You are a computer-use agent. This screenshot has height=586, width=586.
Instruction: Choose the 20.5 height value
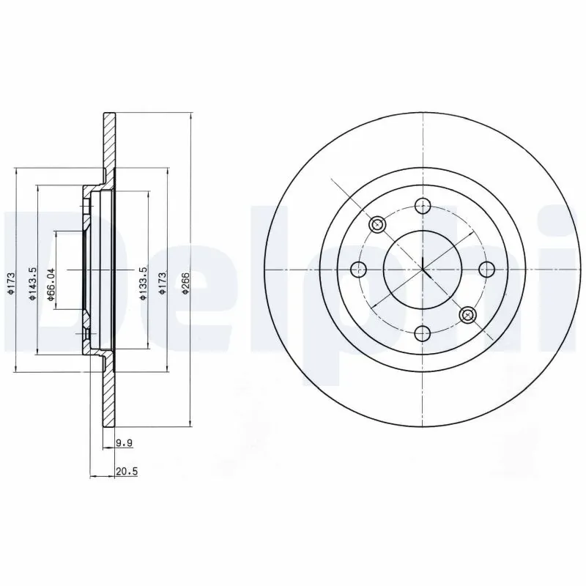(127, 472)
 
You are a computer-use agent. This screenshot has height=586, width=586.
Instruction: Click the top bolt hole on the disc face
(422, 206)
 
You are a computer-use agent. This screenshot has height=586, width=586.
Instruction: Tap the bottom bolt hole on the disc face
(422, 334)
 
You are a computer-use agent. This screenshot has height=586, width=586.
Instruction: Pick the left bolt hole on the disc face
(358, 270)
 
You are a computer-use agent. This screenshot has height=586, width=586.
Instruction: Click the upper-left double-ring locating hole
(377, 224)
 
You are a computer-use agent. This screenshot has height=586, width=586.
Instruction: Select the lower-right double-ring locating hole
(467, 315)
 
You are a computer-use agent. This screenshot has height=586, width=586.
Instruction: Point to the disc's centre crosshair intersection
(423, 270)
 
